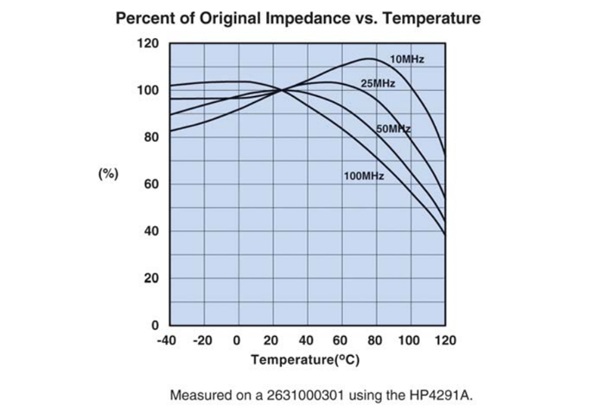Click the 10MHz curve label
(x=406, y=59)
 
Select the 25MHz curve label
(x=378, y=83)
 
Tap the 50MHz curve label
(x=393, y=129)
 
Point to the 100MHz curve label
(x=363, y=177)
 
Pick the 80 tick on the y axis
(x=151, y=138)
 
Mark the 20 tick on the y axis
(x=151, y=279)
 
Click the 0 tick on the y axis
(x=155, y=326)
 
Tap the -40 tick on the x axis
(x=167, y=340)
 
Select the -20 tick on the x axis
(x=202, y=340)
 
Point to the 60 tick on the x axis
(x=340, y=340)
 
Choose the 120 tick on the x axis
(x=444, y=340)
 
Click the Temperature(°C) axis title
(x=307, y=358)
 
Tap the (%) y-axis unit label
(x=107, y=173)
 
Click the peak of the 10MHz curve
(x=369, y=59)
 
